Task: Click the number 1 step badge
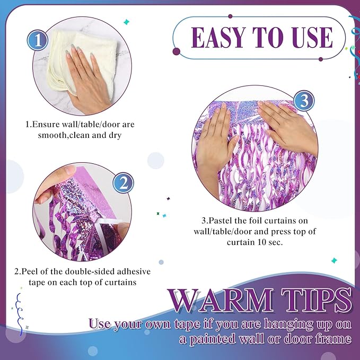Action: click(38, 40)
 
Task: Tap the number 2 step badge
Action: click(124, 183)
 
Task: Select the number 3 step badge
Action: click(304, 101)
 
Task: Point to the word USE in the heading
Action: click(309, 38)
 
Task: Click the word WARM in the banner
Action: click(221, 301)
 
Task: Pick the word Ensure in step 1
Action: click(46, 124)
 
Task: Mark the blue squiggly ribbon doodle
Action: click(19, 314)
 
